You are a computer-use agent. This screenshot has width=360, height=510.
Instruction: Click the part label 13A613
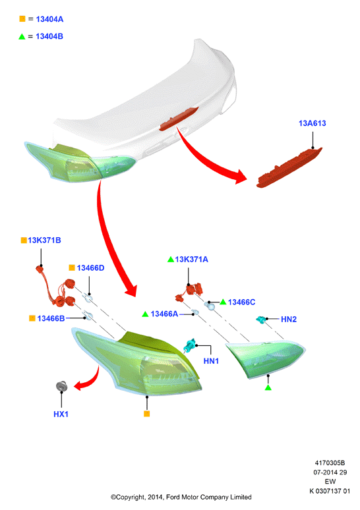[312, 123]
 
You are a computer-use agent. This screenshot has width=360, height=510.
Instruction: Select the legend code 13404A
[49, 19]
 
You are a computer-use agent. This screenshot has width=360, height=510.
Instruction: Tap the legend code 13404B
[49, 36]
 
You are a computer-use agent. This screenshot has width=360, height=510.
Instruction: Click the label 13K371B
[44, 241]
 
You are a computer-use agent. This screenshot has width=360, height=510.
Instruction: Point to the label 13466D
[90, 268]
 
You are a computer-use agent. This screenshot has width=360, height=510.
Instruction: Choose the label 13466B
[51, 318]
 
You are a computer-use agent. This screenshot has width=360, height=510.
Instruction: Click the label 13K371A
[191, 260]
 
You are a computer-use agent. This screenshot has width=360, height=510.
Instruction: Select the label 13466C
[241, 302]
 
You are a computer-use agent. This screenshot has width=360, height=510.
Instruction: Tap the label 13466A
[164, 314]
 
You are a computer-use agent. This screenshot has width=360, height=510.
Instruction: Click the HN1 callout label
[211, 361]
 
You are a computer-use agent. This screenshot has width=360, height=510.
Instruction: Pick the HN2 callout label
[289, 320]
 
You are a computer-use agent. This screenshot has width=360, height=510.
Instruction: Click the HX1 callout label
[61, 414]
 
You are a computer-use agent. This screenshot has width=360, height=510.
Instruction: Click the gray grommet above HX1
[61, 385]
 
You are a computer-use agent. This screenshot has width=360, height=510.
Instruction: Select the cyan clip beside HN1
[189, 345]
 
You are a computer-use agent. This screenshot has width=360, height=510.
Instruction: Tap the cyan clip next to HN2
[261, 320]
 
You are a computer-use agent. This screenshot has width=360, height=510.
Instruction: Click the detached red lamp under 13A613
[289, 168]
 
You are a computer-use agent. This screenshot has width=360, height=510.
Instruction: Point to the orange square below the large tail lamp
[147, 414]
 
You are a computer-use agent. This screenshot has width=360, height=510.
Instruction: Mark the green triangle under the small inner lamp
[268, 387]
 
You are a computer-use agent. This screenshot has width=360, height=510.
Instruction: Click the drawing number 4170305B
[330, 463]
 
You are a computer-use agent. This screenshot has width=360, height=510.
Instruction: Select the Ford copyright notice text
[181, 497]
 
